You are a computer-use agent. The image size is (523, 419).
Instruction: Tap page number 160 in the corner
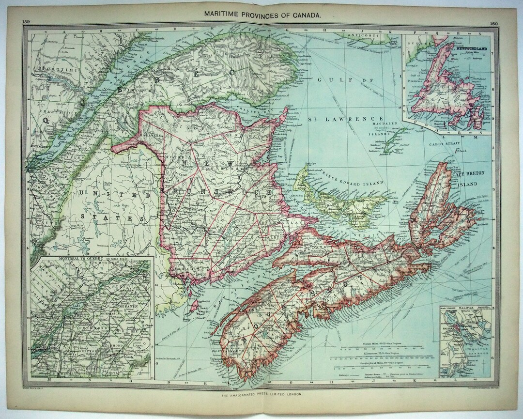tap(494, 23)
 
